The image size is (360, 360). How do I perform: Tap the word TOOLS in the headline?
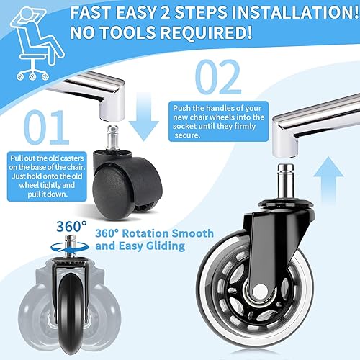click(127, 32)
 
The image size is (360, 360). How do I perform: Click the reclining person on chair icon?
click(37, 42)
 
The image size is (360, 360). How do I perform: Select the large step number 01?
click(46, 127)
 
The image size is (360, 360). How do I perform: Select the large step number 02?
click(218, 77)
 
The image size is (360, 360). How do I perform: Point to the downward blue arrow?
click(144, 117)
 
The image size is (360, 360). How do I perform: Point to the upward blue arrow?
click(328, 180)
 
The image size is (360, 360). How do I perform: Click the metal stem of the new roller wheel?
click(286, 183)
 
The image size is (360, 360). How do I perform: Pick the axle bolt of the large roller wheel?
click(260, 291)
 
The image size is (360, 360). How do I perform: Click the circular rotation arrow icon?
click(70, 248)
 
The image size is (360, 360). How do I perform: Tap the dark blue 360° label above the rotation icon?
click(71, 226)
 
